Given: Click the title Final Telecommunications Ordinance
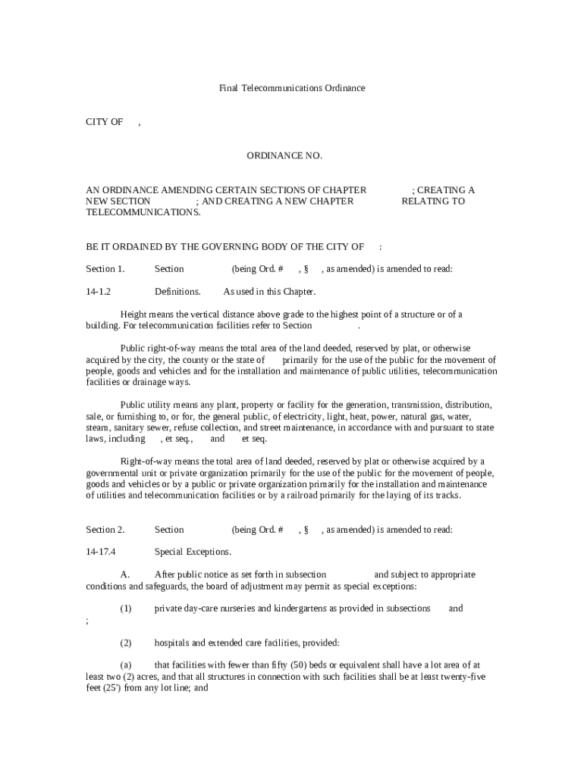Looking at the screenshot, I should tap(292, 88).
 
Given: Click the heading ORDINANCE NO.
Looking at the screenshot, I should tap(284, 155).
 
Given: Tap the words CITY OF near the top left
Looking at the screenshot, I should tap(104, 122).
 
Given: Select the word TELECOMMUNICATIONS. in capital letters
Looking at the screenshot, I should tap(143, 212).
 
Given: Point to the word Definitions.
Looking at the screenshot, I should tap(177, 291).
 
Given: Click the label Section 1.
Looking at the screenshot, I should tap(105, 268).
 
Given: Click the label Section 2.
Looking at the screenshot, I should tap(105, 530).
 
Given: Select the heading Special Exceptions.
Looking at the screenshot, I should tap(193, 552).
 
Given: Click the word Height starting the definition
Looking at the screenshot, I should tap(133, 314).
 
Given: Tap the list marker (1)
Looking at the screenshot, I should tap(126, 608).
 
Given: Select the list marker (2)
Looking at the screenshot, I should tap(126, 643).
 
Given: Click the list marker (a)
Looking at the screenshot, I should tap(126, 665).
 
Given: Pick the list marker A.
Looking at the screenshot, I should tap(125, 574).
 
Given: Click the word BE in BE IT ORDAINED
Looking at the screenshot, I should tap(92, 246).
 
